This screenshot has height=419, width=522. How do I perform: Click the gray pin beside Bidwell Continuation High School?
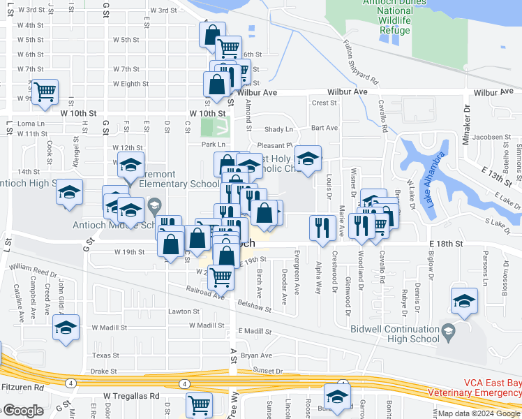click(x=447, y=332)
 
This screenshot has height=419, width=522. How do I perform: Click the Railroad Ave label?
click(x=205, y=291)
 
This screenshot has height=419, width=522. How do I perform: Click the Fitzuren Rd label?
click(x=22, y=386)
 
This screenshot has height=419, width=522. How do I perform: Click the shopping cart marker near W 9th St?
click(x=45, y=91)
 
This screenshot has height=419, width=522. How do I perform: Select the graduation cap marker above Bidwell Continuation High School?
click(x=464, y=300)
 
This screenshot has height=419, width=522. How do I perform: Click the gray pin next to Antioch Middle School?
click(x=154, y=206)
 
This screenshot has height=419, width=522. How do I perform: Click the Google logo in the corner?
click(x=22, y=411)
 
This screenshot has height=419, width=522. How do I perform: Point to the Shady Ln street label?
click(x=279, y=129)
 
